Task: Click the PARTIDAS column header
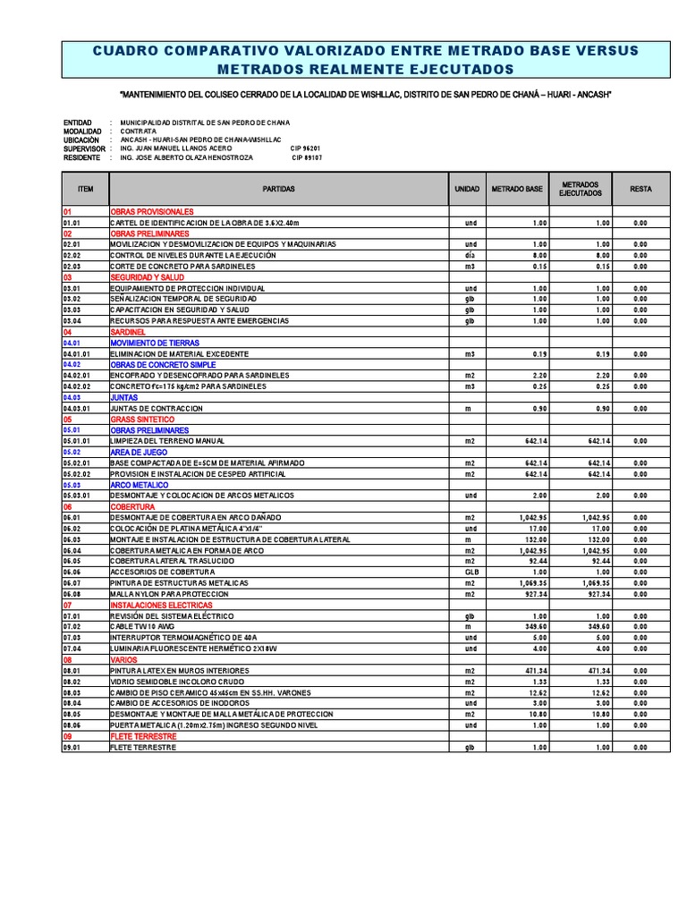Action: pos(278,190)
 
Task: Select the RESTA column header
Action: pos(640,190)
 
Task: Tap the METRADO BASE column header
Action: pos(517,190)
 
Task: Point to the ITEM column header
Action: pos(85,190)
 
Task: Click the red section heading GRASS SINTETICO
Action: pos(142,419)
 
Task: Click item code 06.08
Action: pos(72,593)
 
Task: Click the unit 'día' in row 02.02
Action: pos(469,255)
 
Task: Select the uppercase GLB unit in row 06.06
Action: pos(469,572)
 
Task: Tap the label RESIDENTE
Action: pos(82,157)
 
